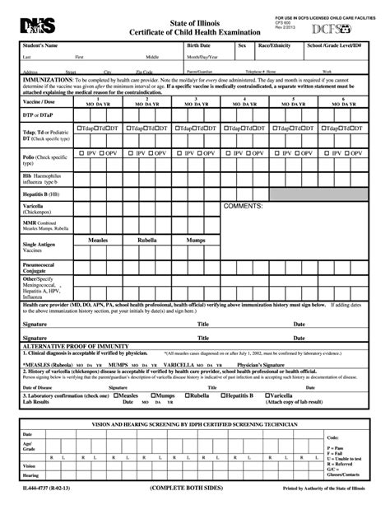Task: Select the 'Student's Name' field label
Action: point(40,45)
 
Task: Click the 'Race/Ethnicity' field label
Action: point(275,45)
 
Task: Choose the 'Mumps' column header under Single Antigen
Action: point(195,240)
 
